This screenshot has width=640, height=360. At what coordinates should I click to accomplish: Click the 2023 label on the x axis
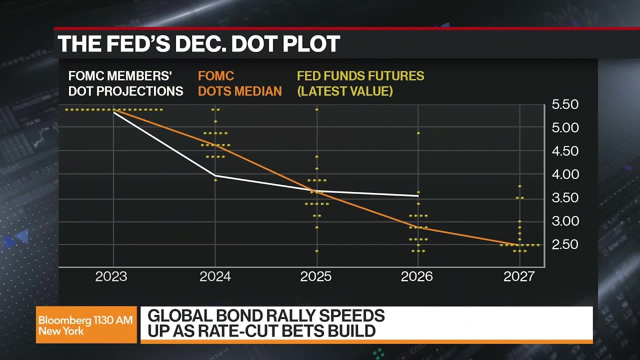click(111, 277)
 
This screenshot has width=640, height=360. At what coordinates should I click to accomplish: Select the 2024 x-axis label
click(215, 277)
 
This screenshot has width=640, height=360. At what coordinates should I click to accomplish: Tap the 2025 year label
click(316, 277)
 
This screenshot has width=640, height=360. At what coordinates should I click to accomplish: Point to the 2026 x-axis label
click(417, 277)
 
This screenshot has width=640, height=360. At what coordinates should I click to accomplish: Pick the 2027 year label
click(519, 277)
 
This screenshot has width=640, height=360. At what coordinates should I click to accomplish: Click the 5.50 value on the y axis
click(564, 104)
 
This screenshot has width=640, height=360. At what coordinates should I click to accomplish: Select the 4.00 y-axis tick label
click(564, 174)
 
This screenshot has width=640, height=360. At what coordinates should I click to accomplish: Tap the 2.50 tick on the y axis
click(564, 244)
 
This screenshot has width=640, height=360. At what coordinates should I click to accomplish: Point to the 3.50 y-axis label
click(564, 198)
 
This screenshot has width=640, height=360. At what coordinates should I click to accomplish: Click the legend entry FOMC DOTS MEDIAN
click(239, 83)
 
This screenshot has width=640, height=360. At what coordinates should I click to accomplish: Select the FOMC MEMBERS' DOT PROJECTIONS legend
click(125, 83)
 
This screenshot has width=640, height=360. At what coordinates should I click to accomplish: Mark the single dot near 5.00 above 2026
click(418, 133)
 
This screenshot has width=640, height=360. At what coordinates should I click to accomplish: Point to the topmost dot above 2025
click(317, 109)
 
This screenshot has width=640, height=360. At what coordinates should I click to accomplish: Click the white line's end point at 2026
click(418, 196)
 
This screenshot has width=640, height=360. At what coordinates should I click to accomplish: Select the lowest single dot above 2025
click(317, 251)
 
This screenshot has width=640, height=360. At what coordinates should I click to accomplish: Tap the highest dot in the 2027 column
click(520, 186)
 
